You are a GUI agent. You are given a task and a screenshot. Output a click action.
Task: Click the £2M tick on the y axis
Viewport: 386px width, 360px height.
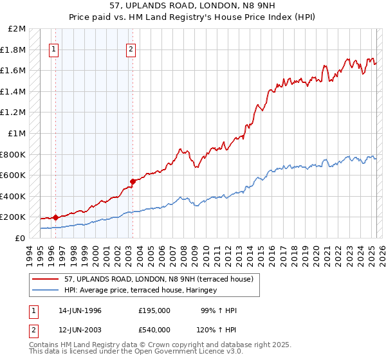point(17,29)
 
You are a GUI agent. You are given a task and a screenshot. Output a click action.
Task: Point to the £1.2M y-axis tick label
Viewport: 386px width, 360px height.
point(14,113)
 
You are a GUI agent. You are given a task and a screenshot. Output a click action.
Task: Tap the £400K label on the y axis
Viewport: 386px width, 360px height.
point(14,196)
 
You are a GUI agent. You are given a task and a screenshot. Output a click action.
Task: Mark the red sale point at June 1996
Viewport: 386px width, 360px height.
point(56,217)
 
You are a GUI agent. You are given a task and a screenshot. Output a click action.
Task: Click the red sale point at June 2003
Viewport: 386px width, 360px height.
point(133,181)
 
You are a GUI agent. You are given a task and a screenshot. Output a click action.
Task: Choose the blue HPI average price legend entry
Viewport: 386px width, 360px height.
point(140,291)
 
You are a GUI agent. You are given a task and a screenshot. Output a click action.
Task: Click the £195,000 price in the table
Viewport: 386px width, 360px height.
point(154,310)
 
